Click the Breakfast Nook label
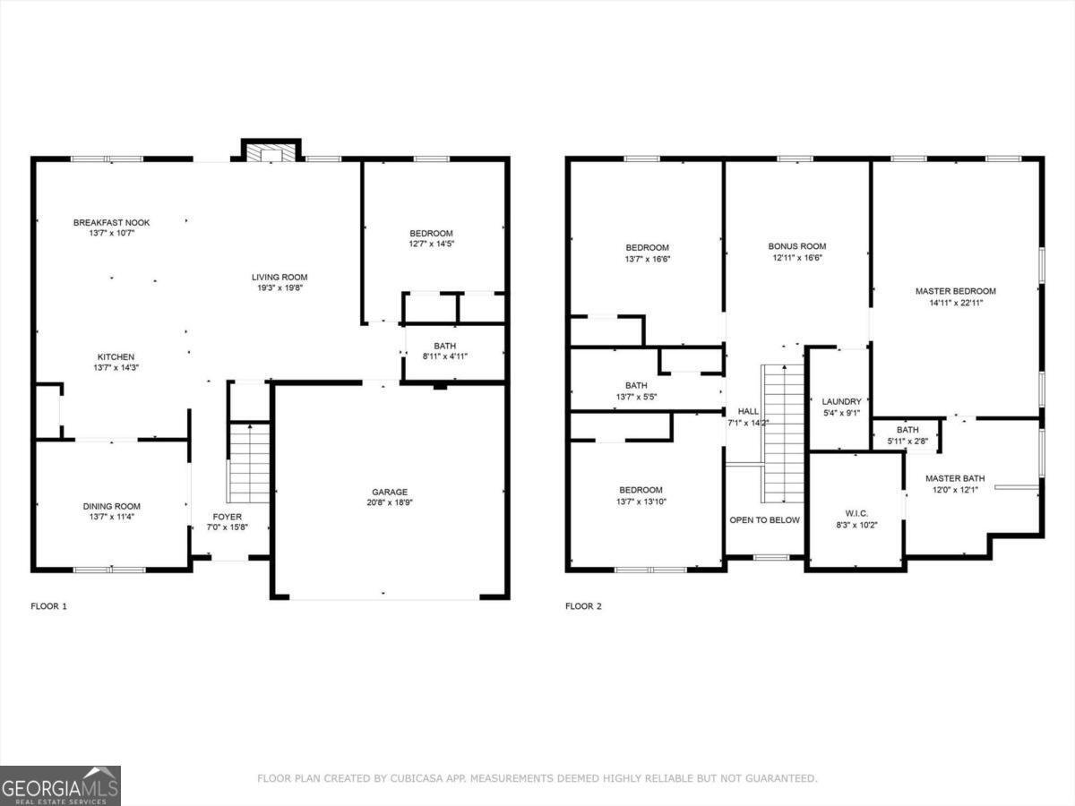[x=111, y=222]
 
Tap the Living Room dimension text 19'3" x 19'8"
[x=279, y=287]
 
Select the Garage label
[x=390, y=492]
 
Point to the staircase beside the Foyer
[x=251, y=462]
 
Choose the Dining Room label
[x=111, y=506]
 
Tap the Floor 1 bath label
[x=444, y=346]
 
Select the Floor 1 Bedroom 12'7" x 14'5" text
[x=431, y=244]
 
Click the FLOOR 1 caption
[x=48, y=606]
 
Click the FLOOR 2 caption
[x=583, y=606]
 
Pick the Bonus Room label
[x=796, y=246]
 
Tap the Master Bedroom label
[x=955, y=291]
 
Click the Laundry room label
[x=841, y=401]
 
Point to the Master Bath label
[x=955, y=478]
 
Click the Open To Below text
[x=764, y=520]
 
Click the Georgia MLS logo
[x=60, y=785]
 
